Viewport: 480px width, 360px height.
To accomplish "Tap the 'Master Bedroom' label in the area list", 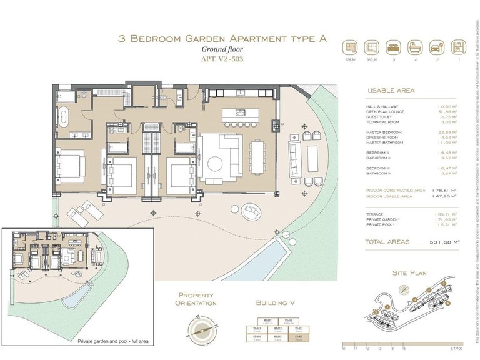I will pyautogui.click(x=386, y=132).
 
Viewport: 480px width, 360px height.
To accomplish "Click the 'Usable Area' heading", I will pyautogui.click(x=391, y=91).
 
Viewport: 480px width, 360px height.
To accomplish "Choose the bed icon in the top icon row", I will pyautogui.click(x=392, y=47).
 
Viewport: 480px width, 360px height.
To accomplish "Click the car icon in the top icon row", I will pyautogui.click(x=437, y=47).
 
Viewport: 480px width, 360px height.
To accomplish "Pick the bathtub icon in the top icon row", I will pyautogui.click(x=415, y=47).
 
